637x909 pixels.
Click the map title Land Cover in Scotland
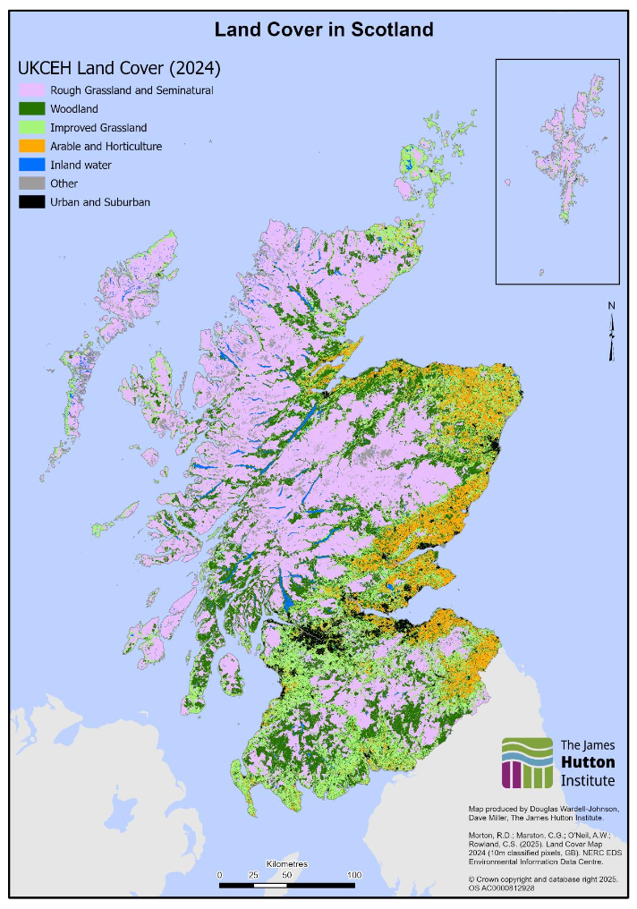pyautogui.click(x=324, y=30)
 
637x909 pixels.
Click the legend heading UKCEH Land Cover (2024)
pyautogui.click(x=119, y=68)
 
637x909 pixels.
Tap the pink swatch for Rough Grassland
pyautogui.click(x=31, y=90)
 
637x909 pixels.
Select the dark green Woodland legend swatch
pyautogui.click(x=31, y=109)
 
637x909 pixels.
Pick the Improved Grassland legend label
pyautogui.click(x=98, y=128)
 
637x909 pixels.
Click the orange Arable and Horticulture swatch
pyautogui.click(x=31, y=146)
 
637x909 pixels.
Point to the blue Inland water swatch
pyautogui.click(x=31, y=165)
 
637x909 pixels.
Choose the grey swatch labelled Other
pyautogui.click(x=31, y=183)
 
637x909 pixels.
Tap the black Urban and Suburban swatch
pyautogui.click(x=31, y=202)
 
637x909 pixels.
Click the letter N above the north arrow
pyautogui.click(x=612, y=306)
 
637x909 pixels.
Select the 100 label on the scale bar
pyautogui.click(x=354, y=874)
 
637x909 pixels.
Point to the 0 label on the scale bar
pyautogui.click(x=220, y=874)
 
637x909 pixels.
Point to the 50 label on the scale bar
pyautogui.click(x=287, y=874)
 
